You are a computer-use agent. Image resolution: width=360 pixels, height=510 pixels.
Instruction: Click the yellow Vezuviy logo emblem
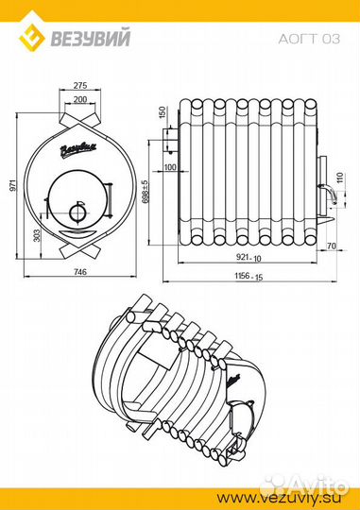(x=32, y=38)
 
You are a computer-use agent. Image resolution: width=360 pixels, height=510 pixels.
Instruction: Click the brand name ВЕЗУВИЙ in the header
(x=90, y=39)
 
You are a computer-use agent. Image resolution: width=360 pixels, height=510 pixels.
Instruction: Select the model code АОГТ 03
(x=309, y=39)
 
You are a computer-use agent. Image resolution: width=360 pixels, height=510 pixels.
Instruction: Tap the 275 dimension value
(x=80, y=85)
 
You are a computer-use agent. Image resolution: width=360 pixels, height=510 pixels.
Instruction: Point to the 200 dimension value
(x=80, y=99)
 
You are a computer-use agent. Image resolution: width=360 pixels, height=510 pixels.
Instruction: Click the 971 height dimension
(x=13, y=185)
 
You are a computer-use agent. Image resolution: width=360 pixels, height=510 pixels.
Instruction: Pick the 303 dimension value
(x=37, y=235)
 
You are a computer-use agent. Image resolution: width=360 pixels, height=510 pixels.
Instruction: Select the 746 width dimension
(x=80, y=271)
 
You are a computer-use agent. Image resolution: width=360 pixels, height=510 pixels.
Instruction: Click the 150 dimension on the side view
(x=163, y=111)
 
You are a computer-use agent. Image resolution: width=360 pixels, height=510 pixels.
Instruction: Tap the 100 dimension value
(x=170, y=167)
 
